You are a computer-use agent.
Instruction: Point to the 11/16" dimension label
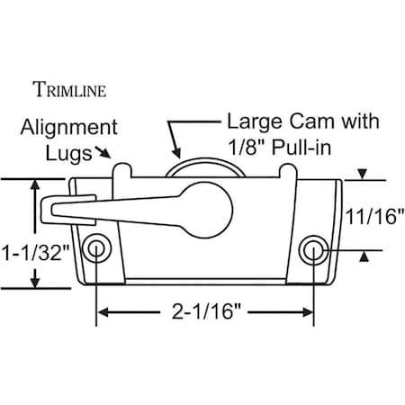click(375, 216)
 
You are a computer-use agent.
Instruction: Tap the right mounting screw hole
click(313, 247)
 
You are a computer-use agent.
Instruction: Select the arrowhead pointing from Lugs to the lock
click(112, 157)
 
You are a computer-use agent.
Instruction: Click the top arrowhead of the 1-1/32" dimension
click(36, 185)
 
